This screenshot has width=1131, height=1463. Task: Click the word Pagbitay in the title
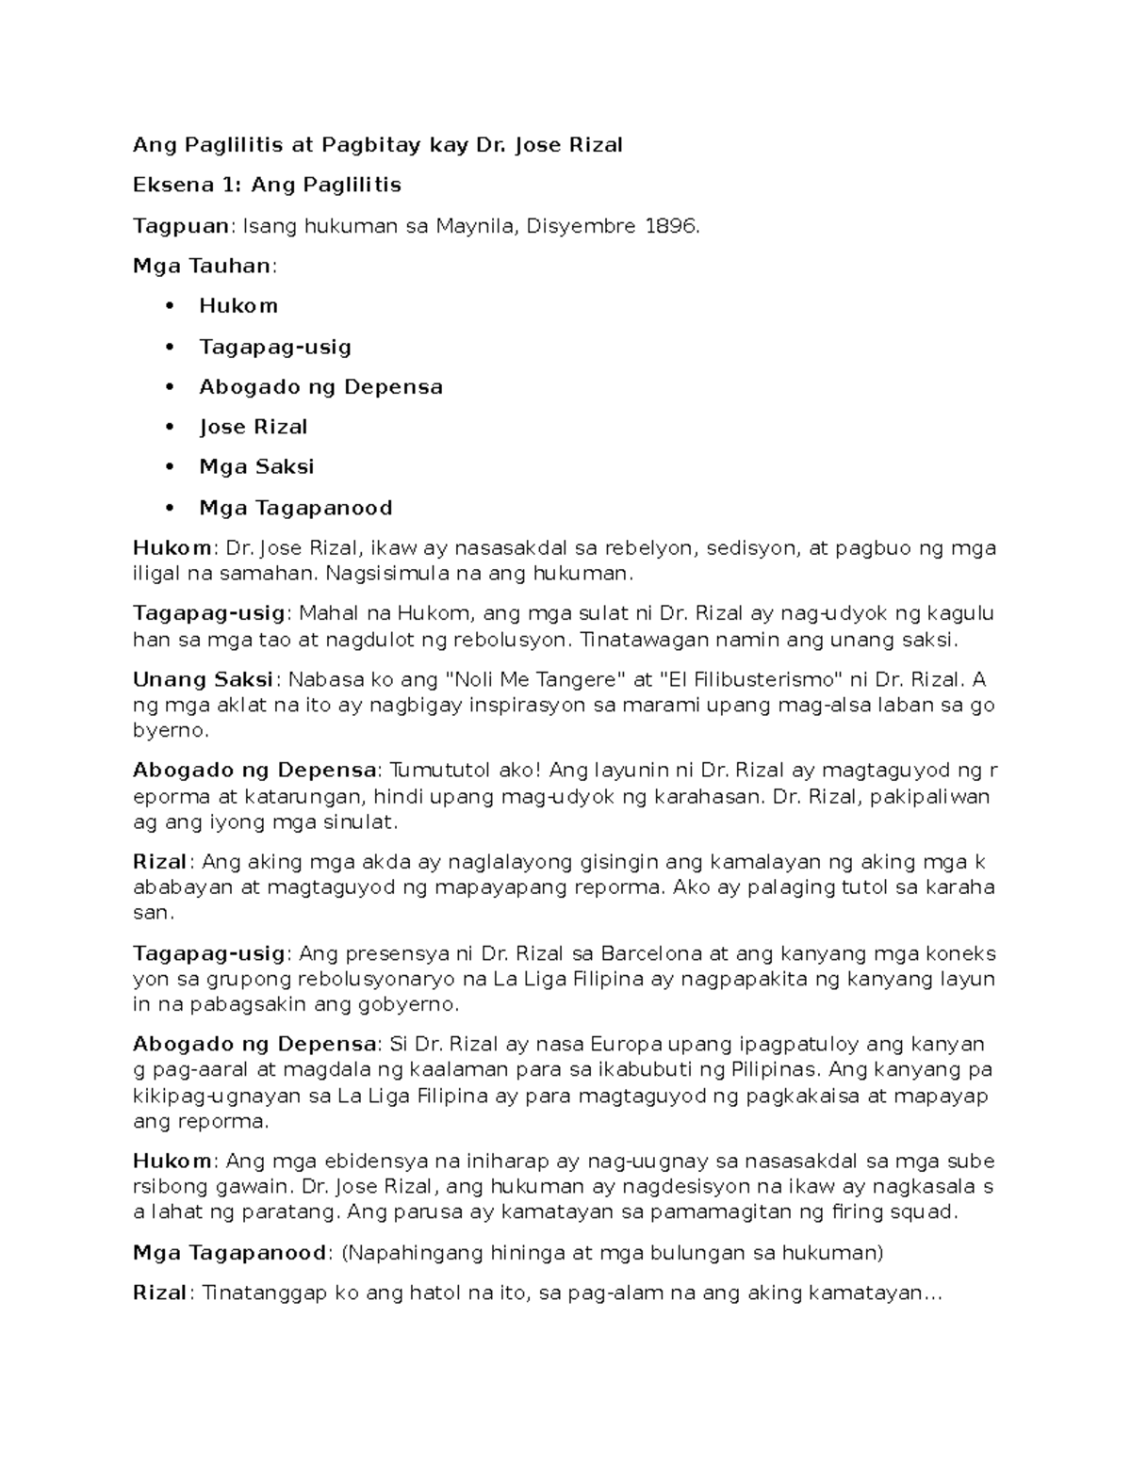point(371,146)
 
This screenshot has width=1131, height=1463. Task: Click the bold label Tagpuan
point(181,226)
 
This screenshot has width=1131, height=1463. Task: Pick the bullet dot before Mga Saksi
point(170,466)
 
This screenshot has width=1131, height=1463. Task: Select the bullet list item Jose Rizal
point(253,427)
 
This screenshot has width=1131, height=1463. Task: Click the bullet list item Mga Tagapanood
point(295,508)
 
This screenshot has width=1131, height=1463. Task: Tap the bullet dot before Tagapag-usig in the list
point(170,346)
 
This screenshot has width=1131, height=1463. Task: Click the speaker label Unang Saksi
point(203,679)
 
